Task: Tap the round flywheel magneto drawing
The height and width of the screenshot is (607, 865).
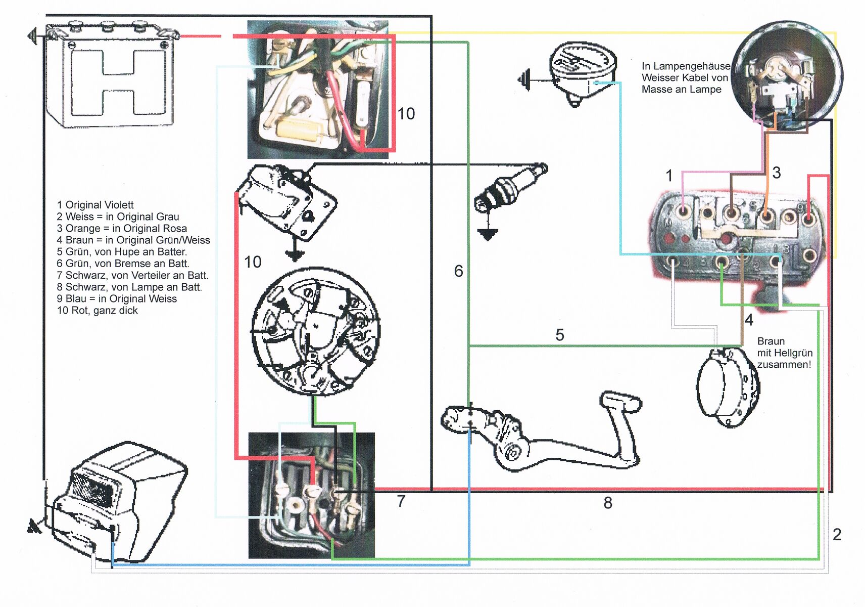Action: [x=315, y=331]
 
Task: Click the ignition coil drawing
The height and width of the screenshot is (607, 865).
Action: [x=285, y=202]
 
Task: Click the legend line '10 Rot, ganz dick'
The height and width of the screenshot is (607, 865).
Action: [x=97, y=311]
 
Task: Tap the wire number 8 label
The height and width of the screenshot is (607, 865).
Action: [x=607, y=503]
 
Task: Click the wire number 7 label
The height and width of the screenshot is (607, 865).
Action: [x=401, y=501]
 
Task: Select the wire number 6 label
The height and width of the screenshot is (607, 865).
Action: [x=458, y=271]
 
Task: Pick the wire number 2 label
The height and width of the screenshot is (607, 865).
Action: [x=837, y=534]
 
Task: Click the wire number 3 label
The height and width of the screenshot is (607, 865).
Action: [x=776, y=172]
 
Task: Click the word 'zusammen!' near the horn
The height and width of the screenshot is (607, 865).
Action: [x=784, y=365]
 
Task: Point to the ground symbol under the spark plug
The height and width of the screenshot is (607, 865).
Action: [x=488, y=234]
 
